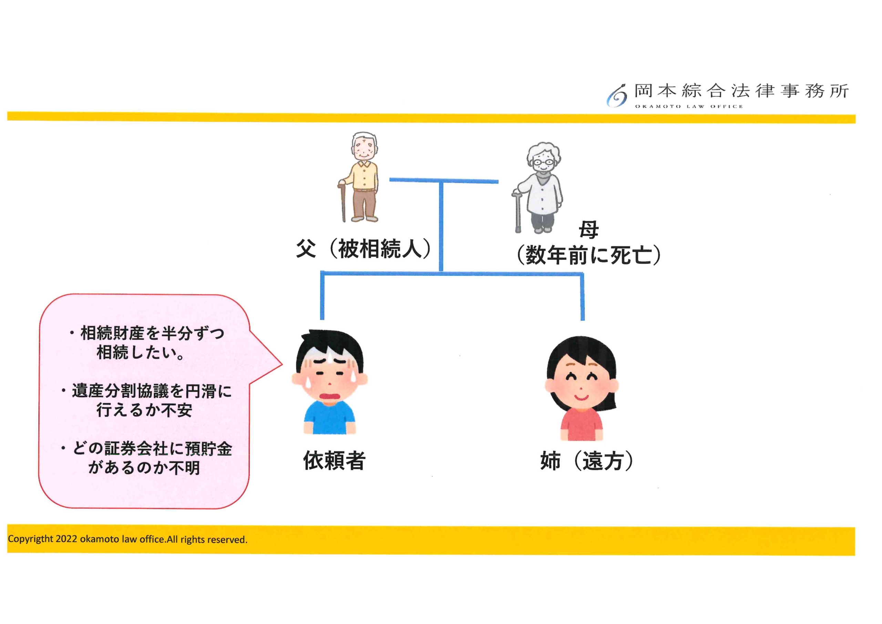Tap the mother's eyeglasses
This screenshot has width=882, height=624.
[542, 162]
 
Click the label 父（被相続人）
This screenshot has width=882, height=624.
[363, 249]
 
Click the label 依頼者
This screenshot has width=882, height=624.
[334, 460]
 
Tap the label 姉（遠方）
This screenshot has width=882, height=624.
[587, 461]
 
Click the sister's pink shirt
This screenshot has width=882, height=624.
[581, 424]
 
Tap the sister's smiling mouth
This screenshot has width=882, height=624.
[581, 396]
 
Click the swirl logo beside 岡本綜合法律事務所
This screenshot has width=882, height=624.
[617, 96]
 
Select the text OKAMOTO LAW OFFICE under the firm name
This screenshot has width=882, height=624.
[688, 106]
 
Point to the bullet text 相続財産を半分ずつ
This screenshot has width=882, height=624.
[153, 333]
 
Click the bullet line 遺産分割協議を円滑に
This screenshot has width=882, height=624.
[152, 391]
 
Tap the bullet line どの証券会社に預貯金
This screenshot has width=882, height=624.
[153, 449]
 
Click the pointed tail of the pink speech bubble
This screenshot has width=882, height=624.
[281, 363]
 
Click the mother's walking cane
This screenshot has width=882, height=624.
[517, 211]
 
